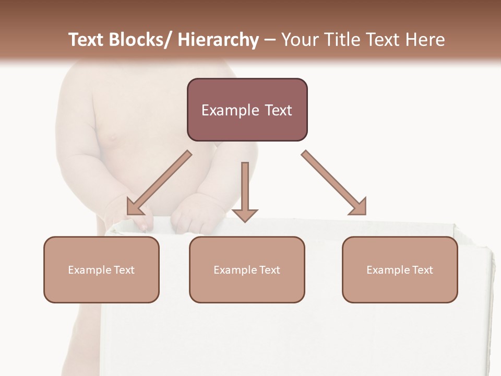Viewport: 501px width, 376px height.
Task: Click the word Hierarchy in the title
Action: point(218,40)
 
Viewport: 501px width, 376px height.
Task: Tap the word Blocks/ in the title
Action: point(137,40)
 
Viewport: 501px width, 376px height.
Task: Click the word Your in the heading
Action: point(298,40)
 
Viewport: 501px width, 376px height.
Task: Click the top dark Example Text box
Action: point(247,110)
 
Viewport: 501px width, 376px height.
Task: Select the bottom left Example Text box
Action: point(101,269)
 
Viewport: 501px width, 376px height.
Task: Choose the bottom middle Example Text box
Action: point(247,269)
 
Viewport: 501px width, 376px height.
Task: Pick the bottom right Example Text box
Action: point(400,269)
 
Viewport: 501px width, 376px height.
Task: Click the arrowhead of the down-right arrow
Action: point(359,207)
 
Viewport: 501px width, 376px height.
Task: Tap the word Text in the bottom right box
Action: point(423,270)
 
